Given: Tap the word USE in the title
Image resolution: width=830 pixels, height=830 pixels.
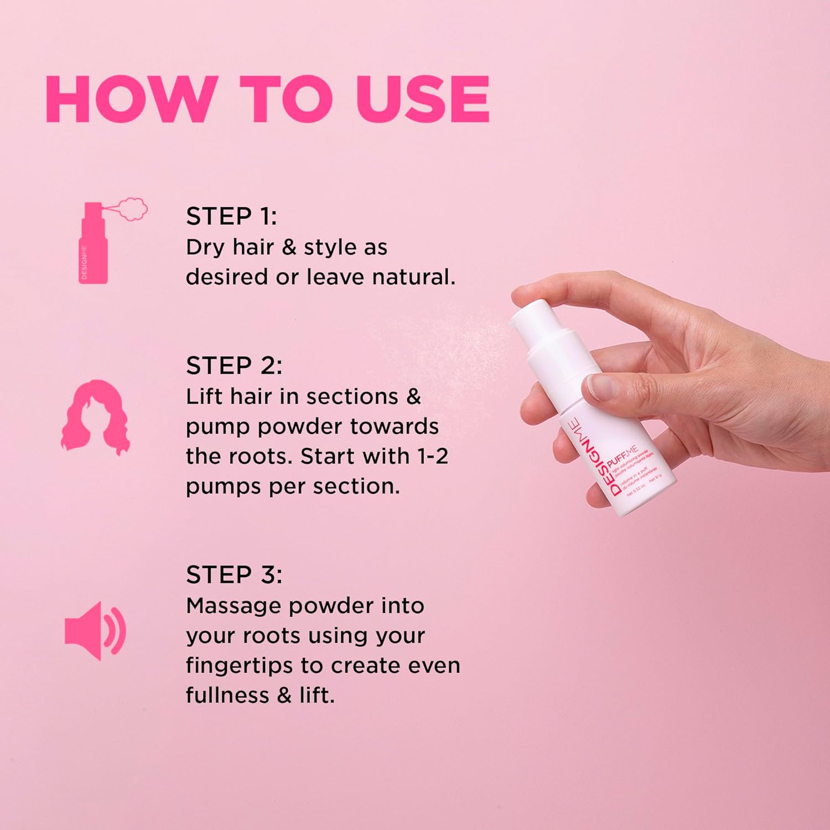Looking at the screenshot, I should click(x=423, y=99).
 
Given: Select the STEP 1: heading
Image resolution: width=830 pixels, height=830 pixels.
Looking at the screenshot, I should click(x=231, y=216).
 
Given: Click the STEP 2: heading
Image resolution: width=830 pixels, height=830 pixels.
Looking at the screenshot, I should click(x=234, y=366).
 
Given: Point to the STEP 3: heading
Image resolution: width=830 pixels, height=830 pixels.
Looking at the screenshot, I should click(x=234, y=575).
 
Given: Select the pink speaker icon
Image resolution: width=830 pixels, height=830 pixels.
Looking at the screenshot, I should click(x=95, y=631).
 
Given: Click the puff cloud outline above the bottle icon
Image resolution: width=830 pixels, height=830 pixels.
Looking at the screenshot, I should click(x=132, y=209).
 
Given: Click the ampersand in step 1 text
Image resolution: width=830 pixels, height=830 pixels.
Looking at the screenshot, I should click(x=289, y=247).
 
